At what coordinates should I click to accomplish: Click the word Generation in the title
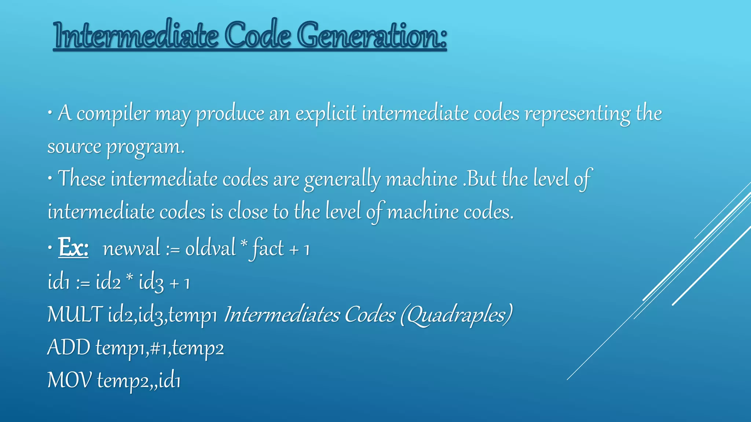pyautogui.click(x=372, y=36)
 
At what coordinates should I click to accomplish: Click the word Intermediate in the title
pyautogui.click(x=135, y=36)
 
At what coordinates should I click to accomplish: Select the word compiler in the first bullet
pyautogui.click(x=113, y=113)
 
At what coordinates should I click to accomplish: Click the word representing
pyautogui.click(x=578, y=113)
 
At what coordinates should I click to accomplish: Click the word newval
pyautogui.click(x=131, y=248)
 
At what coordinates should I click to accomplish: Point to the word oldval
pyautogui.click(x=210, y=248)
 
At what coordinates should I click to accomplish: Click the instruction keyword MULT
pyautogui.click(x=75, y=314)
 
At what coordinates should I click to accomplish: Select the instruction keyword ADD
pyautogui.click(x=69, y=347)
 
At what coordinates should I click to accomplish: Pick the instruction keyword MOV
pyautogui.click(x=69, y=380)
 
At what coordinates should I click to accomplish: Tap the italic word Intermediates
pyautogui.click(x=282, y=314)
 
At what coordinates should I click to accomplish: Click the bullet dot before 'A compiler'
pyautogui.click(x=50, y=113)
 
